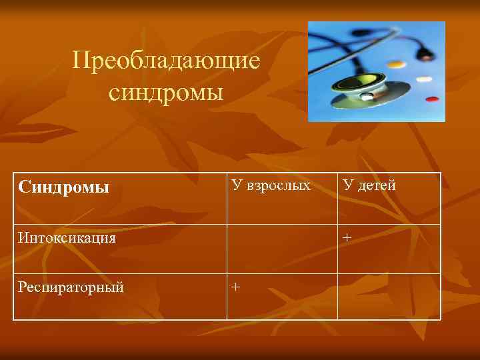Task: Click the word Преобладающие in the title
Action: click(166, 62)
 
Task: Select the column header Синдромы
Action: click(64, 187)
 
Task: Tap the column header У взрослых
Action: click(270, 185)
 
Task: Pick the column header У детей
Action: click(369, 185)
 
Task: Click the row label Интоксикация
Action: click(67, 237)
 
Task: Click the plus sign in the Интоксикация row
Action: click(347, 237)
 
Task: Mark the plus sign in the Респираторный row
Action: click(235, 287)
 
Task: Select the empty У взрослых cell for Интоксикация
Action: click(282, 249)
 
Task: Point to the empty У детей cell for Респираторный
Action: click(389, 297)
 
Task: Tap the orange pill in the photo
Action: click(396, 65)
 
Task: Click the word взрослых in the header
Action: click(278, 185)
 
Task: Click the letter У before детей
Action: click(347, 185)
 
